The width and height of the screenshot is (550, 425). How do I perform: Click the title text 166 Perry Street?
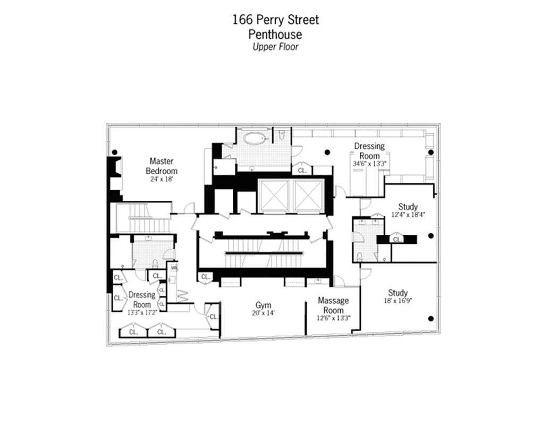point(275,20)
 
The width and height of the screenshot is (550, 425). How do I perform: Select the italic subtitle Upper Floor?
point(275,47)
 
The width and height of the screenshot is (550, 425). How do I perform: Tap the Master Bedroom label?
point(162,166)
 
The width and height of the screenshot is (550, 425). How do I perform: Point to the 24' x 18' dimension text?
point(162,180)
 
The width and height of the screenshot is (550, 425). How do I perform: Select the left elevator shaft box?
point(273,196)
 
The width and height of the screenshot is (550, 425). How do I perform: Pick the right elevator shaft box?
point(308,196)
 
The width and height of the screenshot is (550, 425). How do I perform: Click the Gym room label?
point(263,305)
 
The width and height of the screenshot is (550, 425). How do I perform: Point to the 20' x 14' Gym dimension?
point(263,313)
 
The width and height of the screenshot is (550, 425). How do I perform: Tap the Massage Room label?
point(333,305)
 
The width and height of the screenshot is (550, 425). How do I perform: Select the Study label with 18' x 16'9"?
point(397,293)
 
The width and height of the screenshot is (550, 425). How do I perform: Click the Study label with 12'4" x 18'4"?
point(408,207)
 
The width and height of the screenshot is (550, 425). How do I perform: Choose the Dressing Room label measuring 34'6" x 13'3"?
point(369,151)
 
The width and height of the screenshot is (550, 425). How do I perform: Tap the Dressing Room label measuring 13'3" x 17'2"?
point(142,300)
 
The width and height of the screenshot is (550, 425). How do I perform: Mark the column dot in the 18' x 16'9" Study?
point(430,319)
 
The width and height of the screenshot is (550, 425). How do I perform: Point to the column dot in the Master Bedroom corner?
point(114,152)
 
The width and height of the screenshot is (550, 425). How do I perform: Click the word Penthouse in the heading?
point(275,35)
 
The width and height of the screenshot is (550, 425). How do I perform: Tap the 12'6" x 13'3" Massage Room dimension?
point(333,319)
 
